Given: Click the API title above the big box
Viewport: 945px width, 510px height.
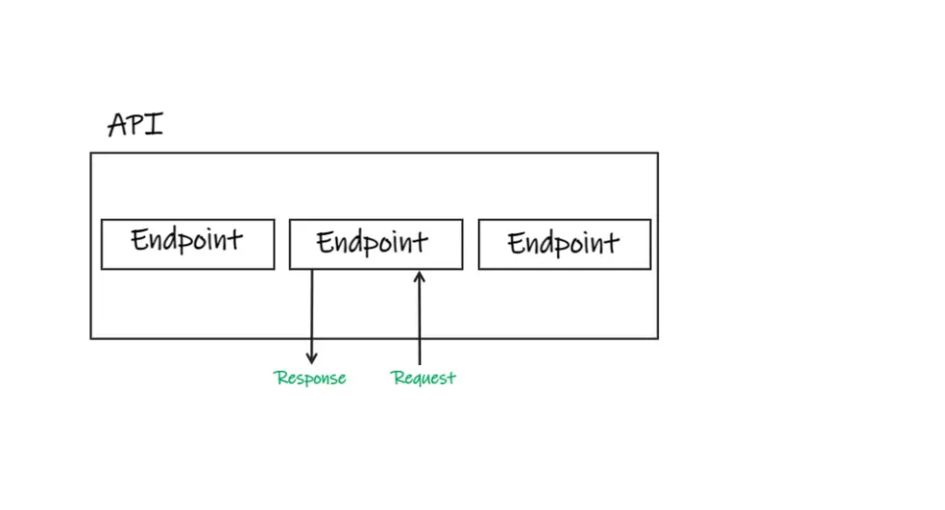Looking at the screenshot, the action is [135, 125].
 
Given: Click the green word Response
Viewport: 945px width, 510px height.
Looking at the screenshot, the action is [310, 378].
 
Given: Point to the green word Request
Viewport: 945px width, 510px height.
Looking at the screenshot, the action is [424, 378].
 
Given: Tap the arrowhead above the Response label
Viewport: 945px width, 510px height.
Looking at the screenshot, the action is [311, 358].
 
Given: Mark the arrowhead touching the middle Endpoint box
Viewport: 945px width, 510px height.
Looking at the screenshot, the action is [420, 276].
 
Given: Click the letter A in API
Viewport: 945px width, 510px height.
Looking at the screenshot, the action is [117, 126].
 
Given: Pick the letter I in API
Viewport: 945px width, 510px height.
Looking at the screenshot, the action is [155, 124].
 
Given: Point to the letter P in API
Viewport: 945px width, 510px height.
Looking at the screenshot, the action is [136, 124].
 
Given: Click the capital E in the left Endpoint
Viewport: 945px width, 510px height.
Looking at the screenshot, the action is [139, 239].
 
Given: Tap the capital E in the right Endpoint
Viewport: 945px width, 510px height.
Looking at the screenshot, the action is [516, 244].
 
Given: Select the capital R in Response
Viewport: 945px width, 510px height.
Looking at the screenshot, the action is [280, 377].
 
